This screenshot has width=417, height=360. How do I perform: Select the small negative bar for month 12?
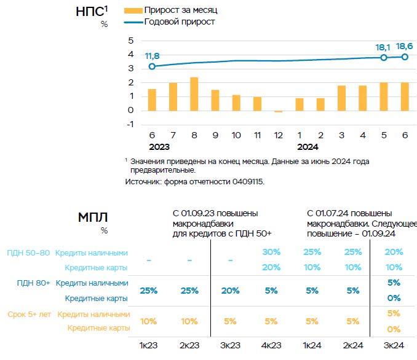278,111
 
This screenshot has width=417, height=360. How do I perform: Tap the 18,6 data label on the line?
404,46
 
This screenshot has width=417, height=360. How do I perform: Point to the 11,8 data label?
152,56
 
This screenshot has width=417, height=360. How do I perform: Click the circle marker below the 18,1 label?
384,57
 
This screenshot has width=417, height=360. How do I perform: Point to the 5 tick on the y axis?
130,41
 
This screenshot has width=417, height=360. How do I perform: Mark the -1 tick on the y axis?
129,124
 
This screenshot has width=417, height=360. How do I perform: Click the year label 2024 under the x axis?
307,147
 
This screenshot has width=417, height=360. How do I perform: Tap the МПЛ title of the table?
93,217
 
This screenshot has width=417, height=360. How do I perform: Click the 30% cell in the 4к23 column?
271,252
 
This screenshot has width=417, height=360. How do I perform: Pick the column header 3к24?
394,345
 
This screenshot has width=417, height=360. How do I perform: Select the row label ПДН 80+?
29,283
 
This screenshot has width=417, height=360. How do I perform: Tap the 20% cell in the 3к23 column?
230,291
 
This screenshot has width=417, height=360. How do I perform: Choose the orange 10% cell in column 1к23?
148,321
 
